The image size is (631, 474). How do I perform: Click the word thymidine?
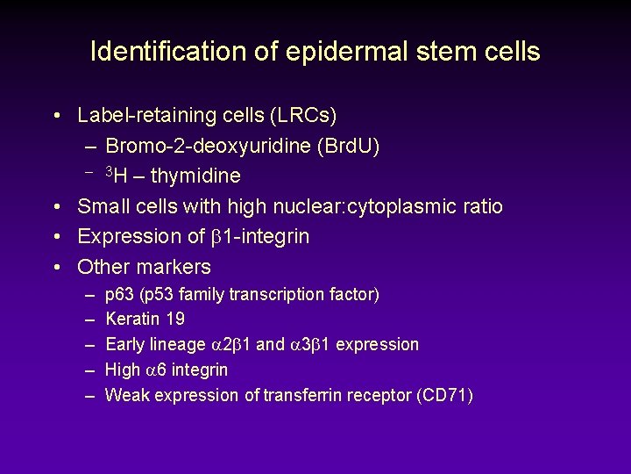tap(195, 176)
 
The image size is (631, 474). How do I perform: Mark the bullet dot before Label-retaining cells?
tap(56, 116)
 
